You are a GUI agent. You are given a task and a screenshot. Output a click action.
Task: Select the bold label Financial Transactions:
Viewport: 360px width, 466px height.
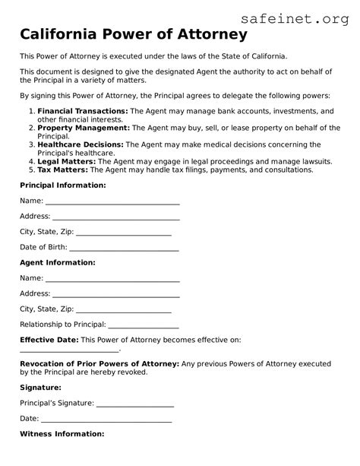83,110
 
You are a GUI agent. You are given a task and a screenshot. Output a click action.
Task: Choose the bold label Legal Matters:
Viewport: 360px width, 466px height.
68,161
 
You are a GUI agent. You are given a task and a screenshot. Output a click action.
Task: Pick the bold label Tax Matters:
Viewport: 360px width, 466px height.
65,170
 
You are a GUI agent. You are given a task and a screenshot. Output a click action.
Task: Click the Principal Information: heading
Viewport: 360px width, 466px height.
63,185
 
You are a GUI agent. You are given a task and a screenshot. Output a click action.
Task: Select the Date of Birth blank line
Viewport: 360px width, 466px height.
125,249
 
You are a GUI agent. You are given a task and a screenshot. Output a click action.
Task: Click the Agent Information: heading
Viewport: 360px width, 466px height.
58,262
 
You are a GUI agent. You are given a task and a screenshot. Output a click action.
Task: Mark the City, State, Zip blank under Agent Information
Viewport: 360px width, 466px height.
125,311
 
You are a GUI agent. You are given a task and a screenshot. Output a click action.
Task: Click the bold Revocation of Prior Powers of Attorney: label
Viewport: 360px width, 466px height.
99,364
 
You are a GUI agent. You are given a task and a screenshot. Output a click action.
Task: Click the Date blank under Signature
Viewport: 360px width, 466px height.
106,420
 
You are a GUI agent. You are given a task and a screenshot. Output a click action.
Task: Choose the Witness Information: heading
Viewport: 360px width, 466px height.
62,433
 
